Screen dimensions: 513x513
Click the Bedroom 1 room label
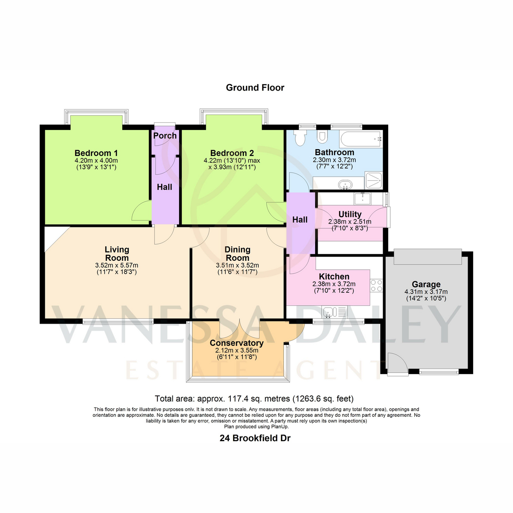click(x=96, y=153)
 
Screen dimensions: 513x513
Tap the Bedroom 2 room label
click(x=232, y=153)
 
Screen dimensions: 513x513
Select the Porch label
click(x=165, y=136)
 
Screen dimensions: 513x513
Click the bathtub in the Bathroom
click(x=361, y=139)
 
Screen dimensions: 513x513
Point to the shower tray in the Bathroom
click(x=374, y=180)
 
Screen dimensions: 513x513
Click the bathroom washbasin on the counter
click(x=345, y=184)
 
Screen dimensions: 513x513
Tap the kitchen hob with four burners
click(x=377, y=286)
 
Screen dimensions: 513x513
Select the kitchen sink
click(x=335, y=312)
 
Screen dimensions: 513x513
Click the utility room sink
click(x=362, y=199)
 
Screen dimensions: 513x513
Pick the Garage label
click(x=426, y=284)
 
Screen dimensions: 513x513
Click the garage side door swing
click(x=398, y=363)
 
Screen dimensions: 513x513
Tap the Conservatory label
click(x=236, y=343)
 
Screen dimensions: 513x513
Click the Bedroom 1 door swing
click(x=142, y=210)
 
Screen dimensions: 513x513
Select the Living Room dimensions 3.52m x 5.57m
click(x=117, y=265)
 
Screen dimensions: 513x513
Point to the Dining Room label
click(x=237, y=254)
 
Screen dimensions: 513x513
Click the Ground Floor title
click(x=255, y=88)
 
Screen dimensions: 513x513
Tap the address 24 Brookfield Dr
click(x=255, y=438)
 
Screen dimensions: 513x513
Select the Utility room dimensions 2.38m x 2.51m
click(x=350, y=221)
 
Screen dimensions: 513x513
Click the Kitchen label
click(x=334, y=276)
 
